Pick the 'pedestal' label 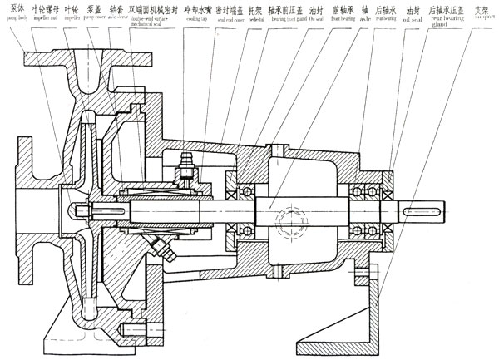257,13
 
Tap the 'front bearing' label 340,13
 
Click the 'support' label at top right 481,13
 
